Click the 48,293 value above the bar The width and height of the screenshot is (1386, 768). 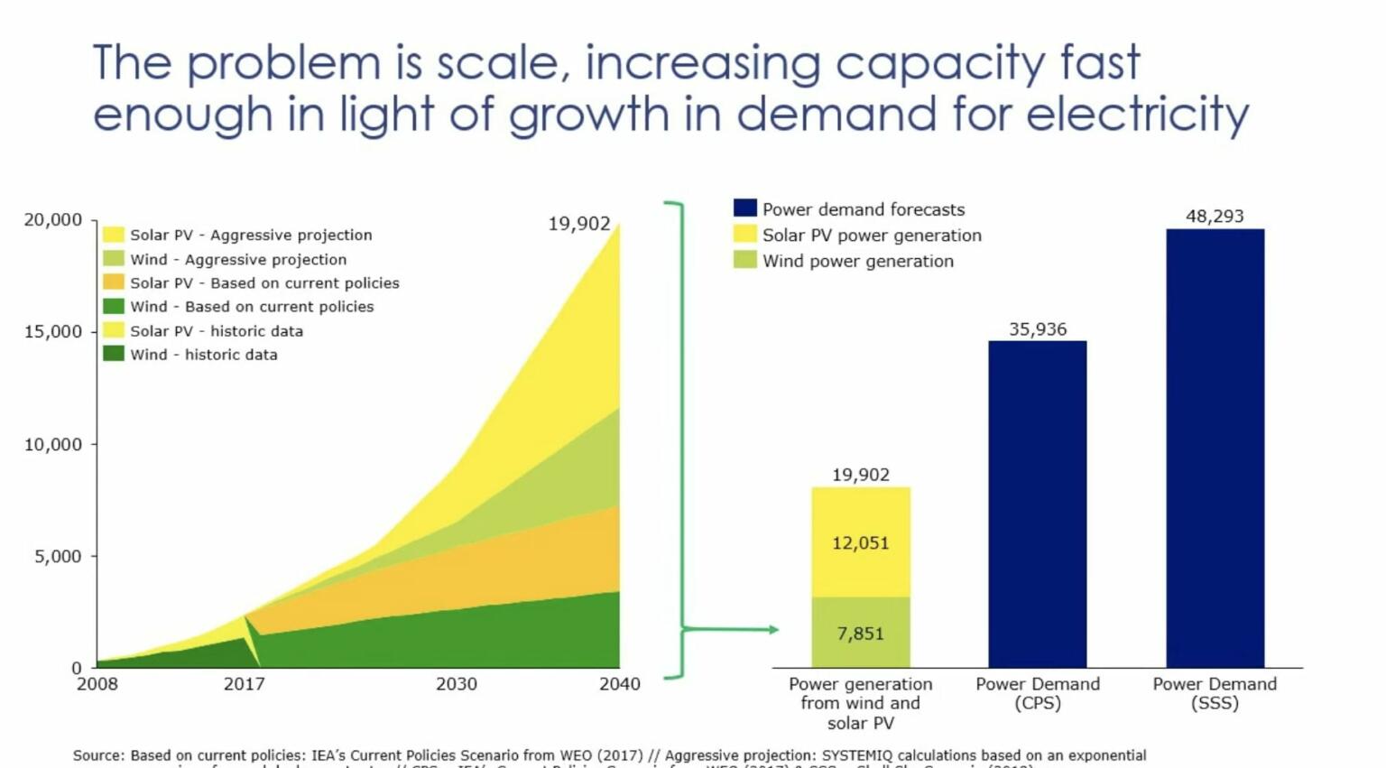[x=1215, y=217]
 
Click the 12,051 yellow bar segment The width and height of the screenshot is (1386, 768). [x=861, y=542]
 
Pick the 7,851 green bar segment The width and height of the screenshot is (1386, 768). [x=861, y=633]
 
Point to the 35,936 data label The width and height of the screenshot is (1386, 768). [x=1038, y=329]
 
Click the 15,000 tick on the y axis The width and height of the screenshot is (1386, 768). [x=52, y=332]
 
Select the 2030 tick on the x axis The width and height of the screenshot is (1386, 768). [x=457, y=684]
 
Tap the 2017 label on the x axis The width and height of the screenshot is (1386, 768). [x=244, y=684]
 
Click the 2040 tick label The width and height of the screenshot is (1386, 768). [x=620, y=684]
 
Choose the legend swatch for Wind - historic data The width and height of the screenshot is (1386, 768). [x=114, y=354]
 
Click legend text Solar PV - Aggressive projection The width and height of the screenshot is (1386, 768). [x=251, y=235]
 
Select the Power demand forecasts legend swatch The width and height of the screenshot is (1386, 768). [x=744, y=208]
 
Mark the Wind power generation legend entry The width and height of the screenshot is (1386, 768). [x=857, y=261]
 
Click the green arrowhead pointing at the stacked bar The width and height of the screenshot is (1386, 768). [x=773, y=629]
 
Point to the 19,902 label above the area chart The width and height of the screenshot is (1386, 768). [x=579, y=224]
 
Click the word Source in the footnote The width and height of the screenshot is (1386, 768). [x=97, y=755]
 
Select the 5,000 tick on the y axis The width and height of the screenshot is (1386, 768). [x=58, y=557]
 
